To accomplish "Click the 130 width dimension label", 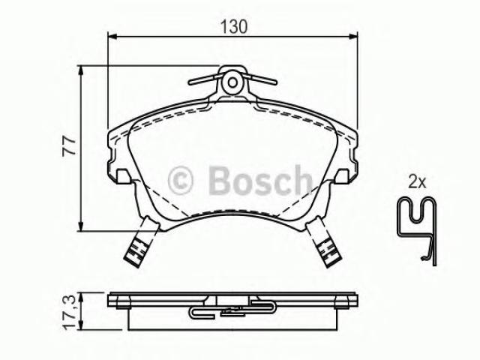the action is (234, 26).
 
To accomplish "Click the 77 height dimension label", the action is (68, 146).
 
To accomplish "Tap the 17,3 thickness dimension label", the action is (70, 312).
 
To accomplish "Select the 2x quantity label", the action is (417, 183).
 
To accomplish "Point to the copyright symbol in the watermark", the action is (180, 181).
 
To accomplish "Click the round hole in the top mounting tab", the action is (232, 82).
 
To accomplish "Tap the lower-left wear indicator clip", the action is (142, 241).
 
